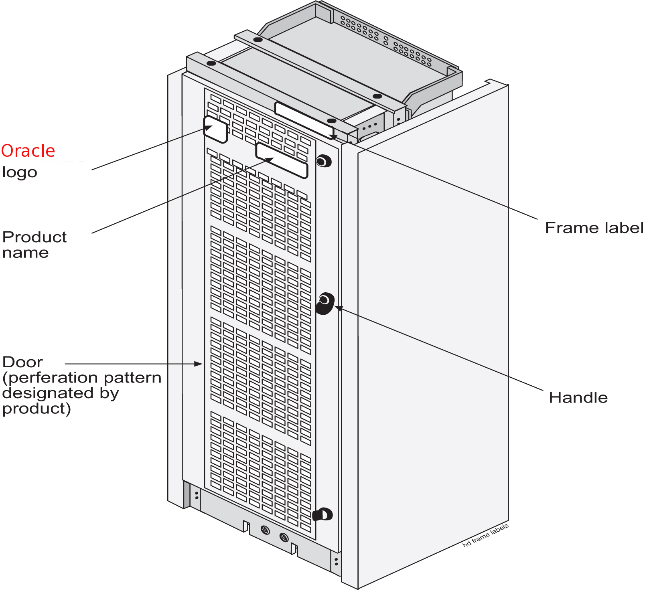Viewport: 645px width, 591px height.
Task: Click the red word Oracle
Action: [x=28, y=151]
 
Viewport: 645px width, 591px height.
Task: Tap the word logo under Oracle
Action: [x=20, y=172]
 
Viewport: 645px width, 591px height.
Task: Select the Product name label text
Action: [x=34, y=245]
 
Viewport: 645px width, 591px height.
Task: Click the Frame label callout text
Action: [x=594, y=228]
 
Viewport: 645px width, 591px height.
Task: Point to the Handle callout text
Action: [x=578, y=397]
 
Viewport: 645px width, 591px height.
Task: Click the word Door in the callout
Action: [x=22, y=362]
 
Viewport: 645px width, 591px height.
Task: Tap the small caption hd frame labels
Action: [x=485, y=535]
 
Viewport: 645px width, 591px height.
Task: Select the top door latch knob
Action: [x=323, y=161]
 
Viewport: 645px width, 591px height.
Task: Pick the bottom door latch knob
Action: [x=323, y=514]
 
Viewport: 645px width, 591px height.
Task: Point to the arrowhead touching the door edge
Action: [x=199, y=364]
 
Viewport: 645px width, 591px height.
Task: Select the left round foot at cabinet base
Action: [x=265, y=530]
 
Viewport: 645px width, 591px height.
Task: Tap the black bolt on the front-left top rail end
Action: [x=211, y=63]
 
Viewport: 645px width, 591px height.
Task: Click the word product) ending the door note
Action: [x=37, y=409]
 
